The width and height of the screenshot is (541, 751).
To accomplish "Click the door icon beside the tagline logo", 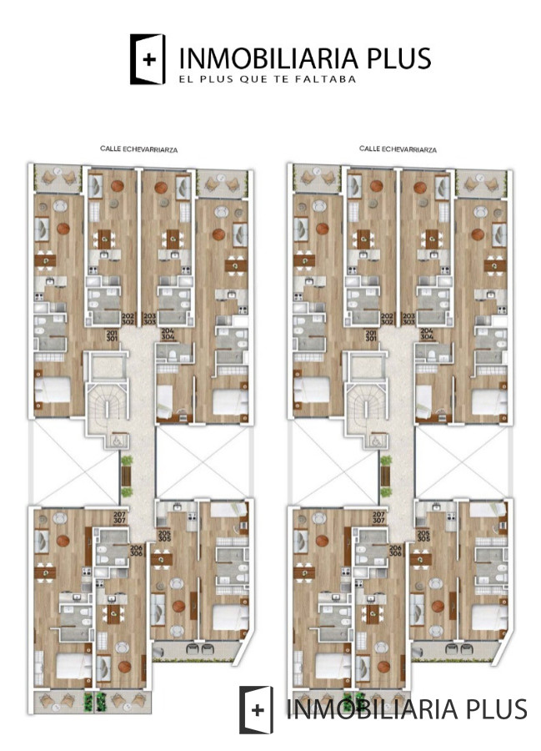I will [x=148, y=59].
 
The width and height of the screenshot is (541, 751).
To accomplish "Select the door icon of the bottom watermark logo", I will [x=256, y=710].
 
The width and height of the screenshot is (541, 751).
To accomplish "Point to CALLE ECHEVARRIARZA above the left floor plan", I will [x=138, y=149].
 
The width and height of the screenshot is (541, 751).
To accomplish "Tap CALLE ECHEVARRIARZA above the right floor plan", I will [x=398, y=149].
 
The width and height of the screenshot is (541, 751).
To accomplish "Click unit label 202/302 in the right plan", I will [x=387, y=318].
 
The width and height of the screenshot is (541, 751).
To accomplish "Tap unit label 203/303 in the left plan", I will [x=150, y=318].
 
